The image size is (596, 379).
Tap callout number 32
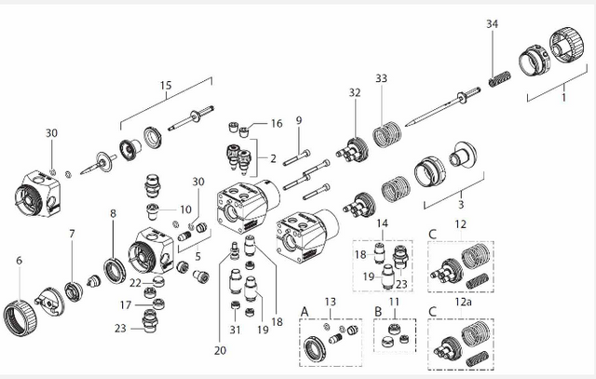[x=354, y=92]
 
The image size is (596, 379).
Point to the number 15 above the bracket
[x=166, y=86]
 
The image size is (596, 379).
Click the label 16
[x=277, y=123]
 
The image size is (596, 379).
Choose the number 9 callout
[x=298, y=120]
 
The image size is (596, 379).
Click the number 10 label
[x=185, y=209]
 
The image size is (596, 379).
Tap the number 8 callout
[x=114, y=213]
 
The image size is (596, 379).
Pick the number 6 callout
[x=18, y=262]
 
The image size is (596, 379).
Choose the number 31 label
[x=235, y=330]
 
